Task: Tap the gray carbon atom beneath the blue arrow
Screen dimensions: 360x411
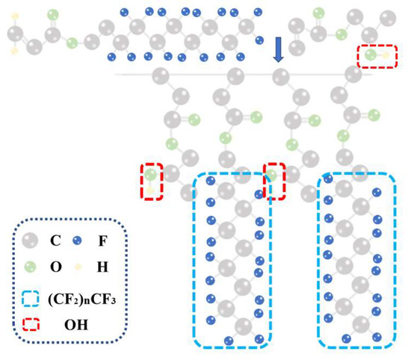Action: [279, 75]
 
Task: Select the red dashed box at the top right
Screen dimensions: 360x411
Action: [378, 55]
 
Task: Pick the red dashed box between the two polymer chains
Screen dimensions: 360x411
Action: [276, 180]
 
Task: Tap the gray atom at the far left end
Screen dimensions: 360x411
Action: [16, 34]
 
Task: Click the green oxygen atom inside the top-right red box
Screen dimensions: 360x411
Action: [371, 55]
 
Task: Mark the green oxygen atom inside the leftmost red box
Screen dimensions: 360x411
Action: [151, 175]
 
